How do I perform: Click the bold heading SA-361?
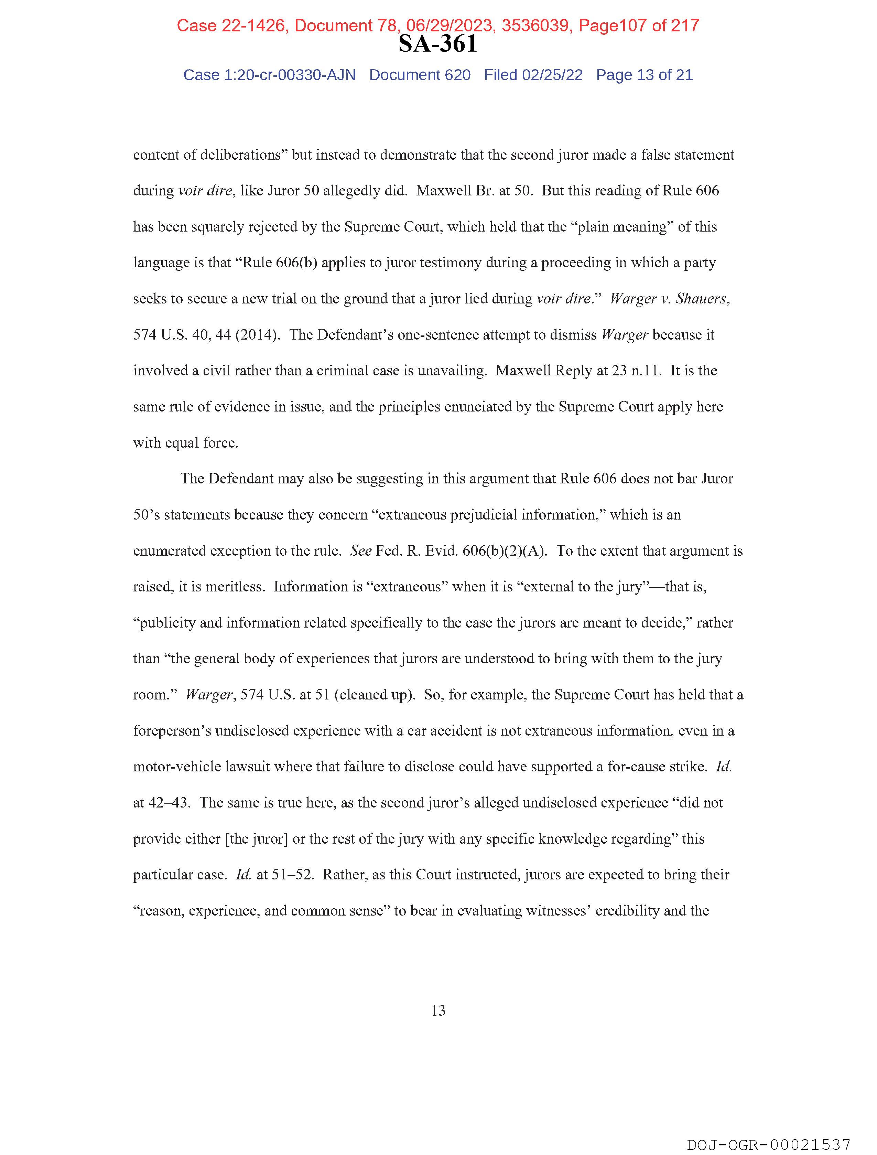(437, 44)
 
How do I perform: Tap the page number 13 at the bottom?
(438, 1010)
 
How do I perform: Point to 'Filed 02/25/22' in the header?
(533, 75)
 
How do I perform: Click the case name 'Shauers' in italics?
(701, 299)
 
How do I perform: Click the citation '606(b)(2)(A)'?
(504, 551)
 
